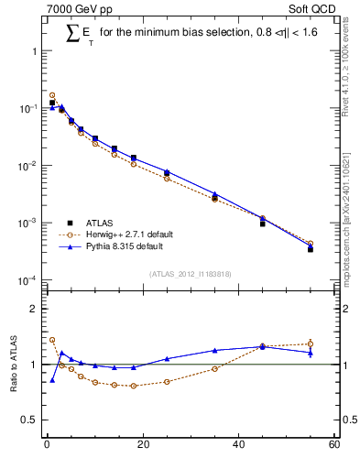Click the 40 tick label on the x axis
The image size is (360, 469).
coord(238,446)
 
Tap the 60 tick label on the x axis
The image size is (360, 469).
coord(334,446)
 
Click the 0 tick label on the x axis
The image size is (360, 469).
coord(46,446)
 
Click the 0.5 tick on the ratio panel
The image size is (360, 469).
coord(31,420)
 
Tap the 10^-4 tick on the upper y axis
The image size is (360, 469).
coord(28,280)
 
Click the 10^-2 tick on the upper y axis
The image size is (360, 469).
coord(28,166)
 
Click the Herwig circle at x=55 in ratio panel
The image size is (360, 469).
coord(311,344)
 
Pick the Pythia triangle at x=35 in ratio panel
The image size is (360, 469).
coord(214,350)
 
